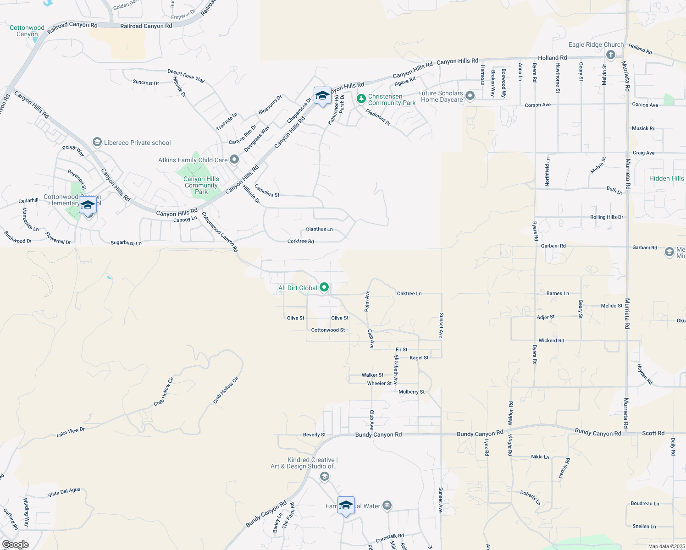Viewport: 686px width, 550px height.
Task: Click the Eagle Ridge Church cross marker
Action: click(x=610, y=55)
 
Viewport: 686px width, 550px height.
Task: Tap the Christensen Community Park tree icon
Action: click(x=361, y=99)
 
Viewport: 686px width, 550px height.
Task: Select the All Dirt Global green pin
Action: click(x=324, y=287)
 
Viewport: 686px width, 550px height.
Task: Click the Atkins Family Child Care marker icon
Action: click(x=234, y=159)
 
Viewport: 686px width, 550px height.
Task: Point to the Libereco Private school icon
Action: click(x=97, y=142)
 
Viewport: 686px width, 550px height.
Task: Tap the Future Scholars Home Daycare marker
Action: click(x=470, y=96)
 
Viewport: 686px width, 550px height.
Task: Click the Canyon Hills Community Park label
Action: click(x=201, y=185)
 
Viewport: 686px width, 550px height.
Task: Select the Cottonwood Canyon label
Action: click(x=27, y=31)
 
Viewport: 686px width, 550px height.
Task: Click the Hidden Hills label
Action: click(x=666, y=178)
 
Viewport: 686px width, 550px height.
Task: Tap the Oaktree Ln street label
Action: click(x=409, y=293)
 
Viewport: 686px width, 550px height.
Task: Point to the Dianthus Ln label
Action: click(x=319, y=229)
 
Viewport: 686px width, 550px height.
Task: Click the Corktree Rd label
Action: click(x=300, y=241)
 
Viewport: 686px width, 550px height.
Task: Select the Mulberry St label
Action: click(x=411, y=392)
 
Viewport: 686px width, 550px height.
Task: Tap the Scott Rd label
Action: click(x=653, y=433)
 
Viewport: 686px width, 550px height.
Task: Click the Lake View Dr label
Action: click(x=71, y=432)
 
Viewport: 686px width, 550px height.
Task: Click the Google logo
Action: click(x=15, y=544)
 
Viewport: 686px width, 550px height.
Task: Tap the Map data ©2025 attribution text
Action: click(x=666, y=546)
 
